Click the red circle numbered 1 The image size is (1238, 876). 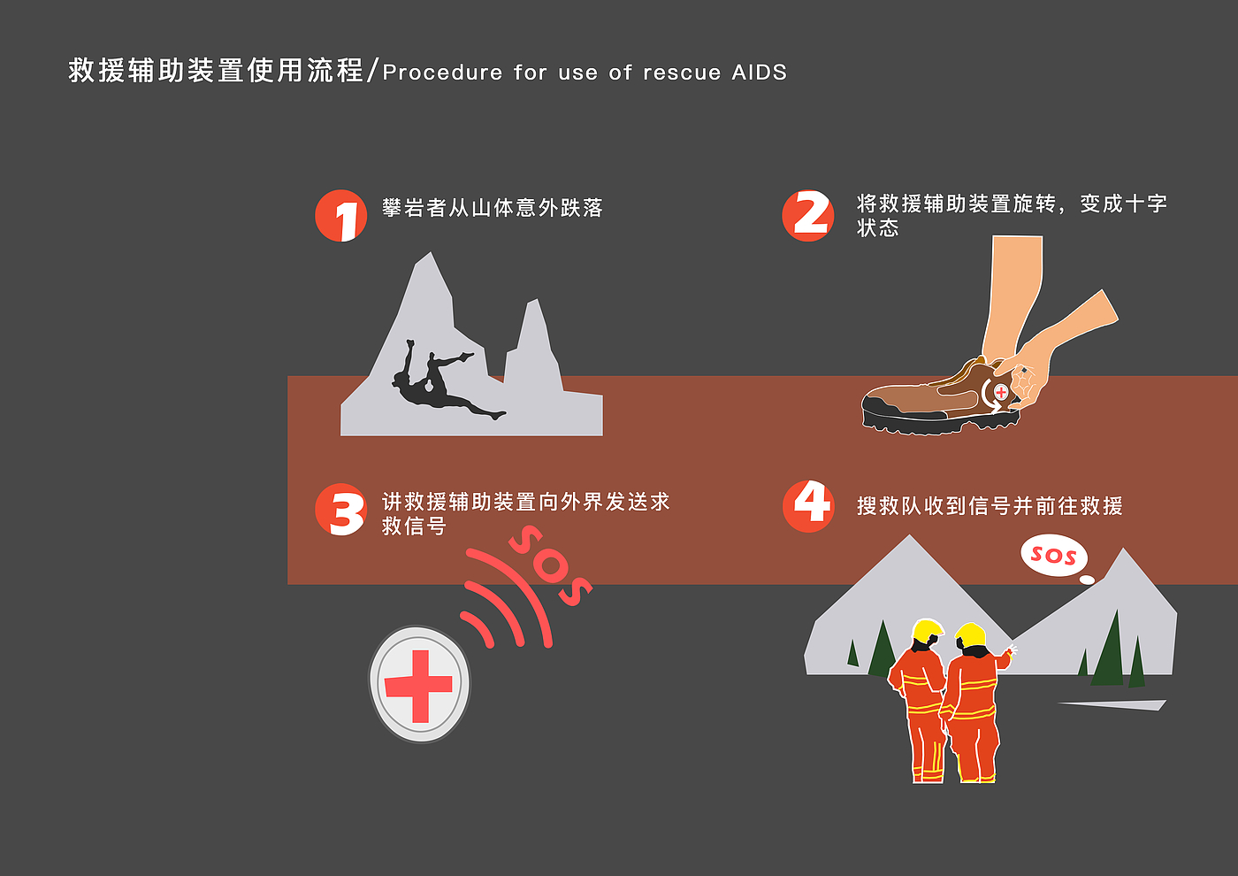(x=340, y=216)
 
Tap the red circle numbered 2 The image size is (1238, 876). (x=808, y=216)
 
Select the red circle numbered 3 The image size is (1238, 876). (x=340, y=510)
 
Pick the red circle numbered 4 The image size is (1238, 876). (x=808, y=506)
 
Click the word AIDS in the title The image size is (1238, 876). (x=759, y=73)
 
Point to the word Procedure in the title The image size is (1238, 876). (x=442, y=73)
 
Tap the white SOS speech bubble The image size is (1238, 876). (x=1054, y=556)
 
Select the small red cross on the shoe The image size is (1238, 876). (x=1001, y=392)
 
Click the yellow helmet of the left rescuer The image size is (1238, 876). (x=928, y=630)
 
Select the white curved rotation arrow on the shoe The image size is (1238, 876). (x=989, y=396)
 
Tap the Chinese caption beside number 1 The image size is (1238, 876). (x=493, y=208)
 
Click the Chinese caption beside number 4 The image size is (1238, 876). (x=990, y=506)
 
